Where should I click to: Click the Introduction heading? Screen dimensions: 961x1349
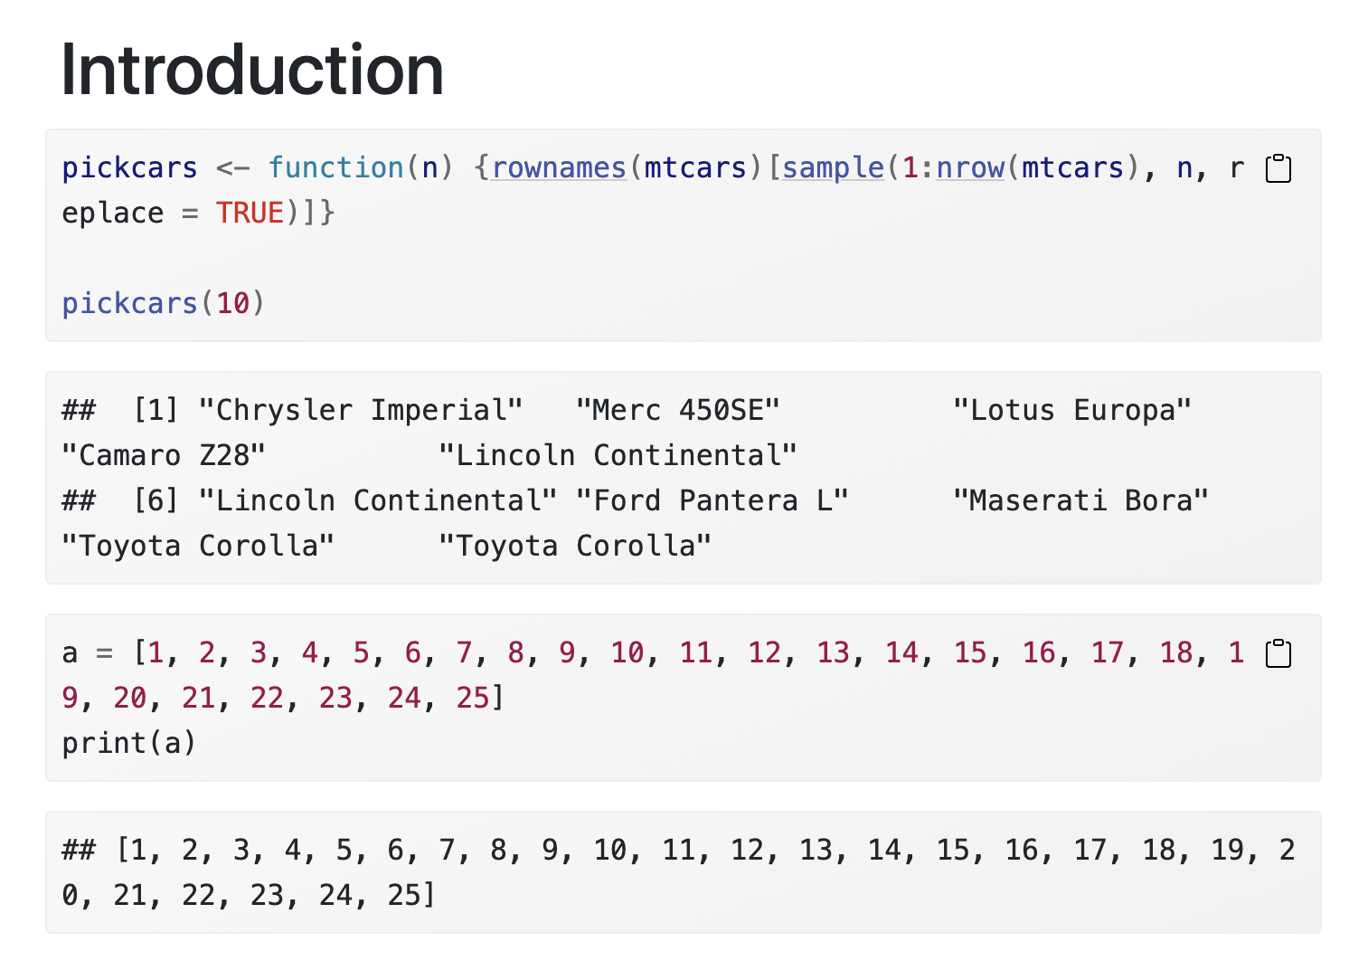(251, 71)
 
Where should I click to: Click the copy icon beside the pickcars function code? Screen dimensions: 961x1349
(1278, 169)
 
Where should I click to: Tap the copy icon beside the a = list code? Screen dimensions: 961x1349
(1278, 653)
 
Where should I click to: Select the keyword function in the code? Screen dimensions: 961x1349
(335, 167)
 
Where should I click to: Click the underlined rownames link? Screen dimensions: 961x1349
(559, 167)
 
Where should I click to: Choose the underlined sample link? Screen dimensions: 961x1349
(833, 167)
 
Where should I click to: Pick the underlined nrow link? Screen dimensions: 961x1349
(970, 167)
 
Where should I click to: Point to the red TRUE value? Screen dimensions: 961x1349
(250, 213)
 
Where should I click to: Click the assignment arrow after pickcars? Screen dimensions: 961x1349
(232, 167)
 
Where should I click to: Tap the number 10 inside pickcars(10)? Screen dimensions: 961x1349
(232, 303)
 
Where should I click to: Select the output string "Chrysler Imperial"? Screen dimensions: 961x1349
(361, 410)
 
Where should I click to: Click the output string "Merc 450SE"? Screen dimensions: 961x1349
(678, 410)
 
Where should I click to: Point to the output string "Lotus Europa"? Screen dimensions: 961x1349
(1072, 410)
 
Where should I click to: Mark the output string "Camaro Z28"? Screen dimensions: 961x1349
(164, 455)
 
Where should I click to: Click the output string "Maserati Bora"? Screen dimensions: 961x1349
(1080, 500)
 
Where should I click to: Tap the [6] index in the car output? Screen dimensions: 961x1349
(156, 500)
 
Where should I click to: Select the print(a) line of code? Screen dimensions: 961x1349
(129, 743)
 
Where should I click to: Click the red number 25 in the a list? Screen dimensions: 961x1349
(473, 698)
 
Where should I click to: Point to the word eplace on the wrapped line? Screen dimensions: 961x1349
(113, 213)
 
